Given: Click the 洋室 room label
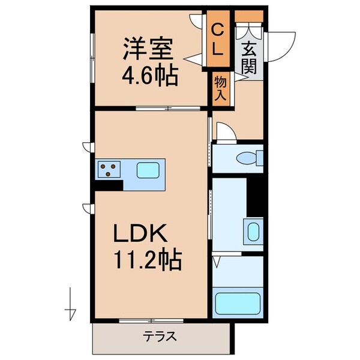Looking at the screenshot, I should point(148,48).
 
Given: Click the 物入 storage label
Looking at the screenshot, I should point(220,88).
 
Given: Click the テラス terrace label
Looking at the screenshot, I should point(160,336).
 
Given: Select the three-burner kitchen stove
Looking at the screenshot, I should point(109,170).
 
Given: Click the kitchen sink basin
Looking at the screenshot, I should point(146,170).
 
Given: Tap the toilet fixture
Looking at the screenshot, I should point(248,158).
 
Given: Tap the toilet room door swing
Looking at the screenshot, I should point(225,132).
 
